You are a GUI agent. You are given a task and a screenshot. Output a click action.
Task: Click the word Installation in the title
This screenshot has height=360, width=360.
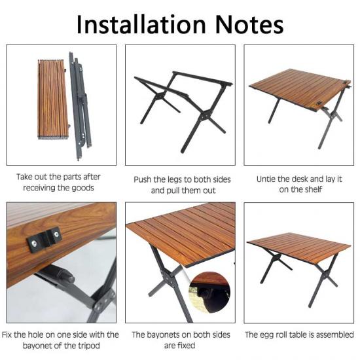point(141,25)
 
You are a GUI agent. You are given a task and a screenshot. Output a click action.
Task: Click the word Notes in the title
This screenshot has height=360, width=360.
point(249,25)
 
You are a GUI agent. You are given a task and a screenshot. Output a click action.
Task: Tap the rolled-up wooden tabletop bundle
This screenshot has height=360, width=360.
point(53,99)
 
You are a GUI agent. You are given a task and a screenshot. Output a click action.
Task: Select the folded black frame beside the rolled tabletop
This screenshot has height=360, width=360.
point(80,105)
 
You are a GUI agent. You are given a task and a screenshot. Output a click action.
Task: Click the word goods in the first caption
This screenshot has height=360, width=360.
point(82,188)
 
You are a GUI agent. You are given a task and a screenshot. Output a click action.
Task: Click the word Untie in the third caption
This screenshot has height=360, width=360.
point(266,179)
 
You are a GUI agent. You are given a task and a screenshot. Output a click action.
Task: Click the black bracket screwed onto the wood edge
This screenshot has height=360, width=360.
point(45,240)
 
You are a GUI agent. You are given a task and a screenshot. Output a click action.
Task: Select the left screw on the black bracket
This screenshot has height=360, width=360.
point(35,243)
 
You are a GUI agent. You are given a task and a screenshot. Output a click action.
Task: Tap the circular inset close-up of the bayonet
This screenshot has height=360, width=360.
point(210,292)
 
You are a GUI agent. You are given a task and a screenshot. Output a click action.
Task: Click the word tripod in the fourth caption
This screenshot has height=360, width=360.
point(88,346)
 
